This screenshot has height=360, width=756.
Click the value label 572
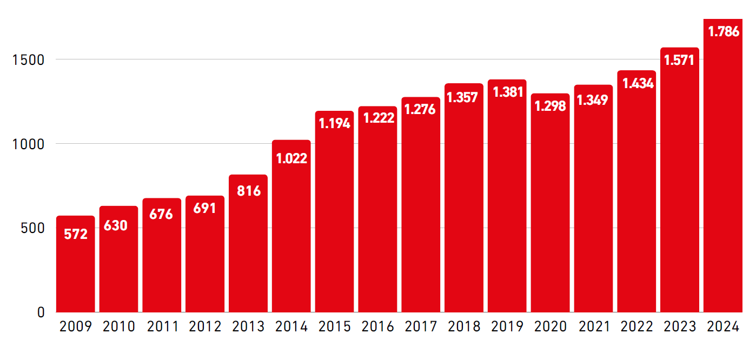coord(76,234)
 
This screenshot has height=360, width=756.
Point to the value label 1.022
coord(291,158)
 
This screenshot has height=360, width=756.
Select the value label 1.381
coord(508,92)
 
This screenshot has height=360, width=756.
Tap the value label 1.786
coord(724,31)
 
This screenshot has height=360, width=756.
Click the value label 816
coord(248,190)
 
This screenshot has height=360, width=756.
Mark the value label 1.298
coord(551,106)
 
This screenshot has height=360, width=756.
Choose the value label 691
coord(205,208)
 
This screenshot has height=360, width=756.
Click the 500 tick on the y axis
coord(32,228)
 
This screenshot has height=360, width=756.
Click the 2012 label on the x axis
coord(205,326)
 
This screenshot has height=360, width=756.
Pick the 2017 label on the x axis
coord(421,326)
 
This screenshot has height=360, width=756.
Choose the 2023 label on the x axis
coord(680,326)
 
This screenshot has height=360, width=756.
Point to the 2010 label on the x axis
coord(119,326)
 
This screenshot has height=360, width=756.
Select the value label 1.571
coord(680,60)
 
